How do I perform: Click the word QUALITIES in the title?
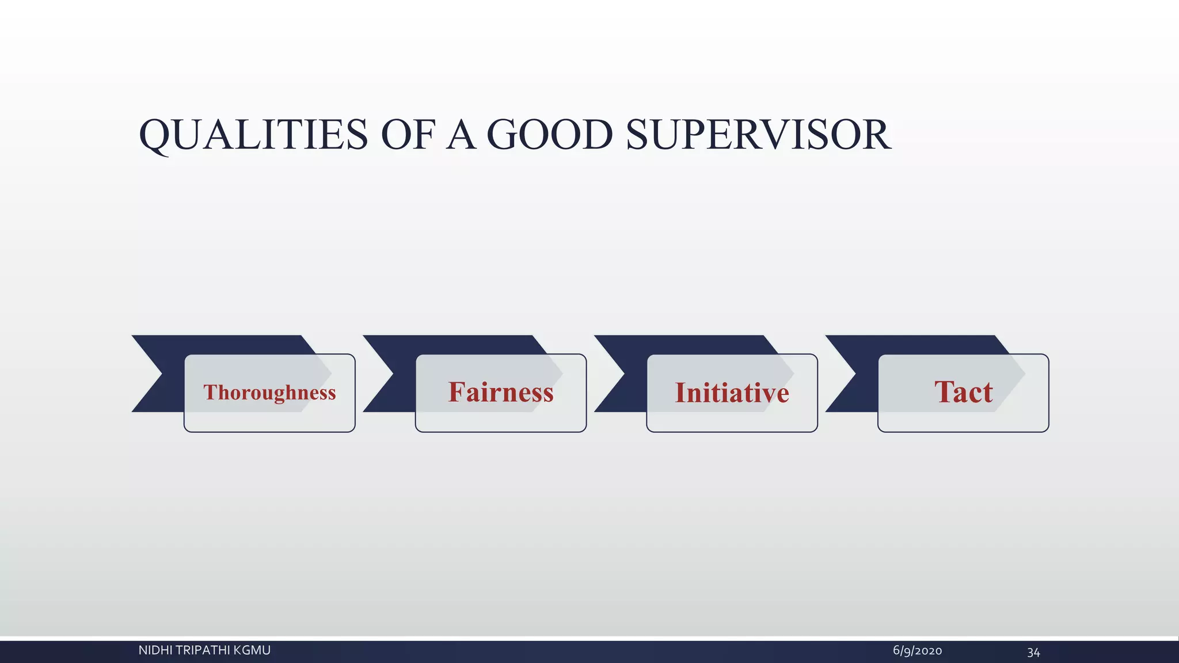(x=253, y=135)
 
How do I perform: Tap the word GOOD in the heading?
(x=549, y=135)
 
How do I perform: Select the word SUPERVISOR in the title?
(x=758, y=135)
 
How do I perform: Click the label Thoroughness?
(x=269, y=393)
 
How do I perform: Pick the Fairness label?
(x=501, y=393)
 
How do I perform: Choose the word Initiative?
(x=732, y=393)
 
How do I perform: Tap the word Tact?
(x=963, y=393)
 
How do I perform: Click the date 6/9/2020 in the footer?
(x=917, y=651)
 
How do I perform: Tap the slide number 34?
(x=1033, y=652)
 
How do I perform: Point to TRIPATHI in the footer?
(x=203, y=650)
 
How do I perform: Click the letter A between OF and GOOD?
(x=461, y=135)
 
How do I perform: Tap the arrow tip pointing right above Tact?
(x=1024, y=374)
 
